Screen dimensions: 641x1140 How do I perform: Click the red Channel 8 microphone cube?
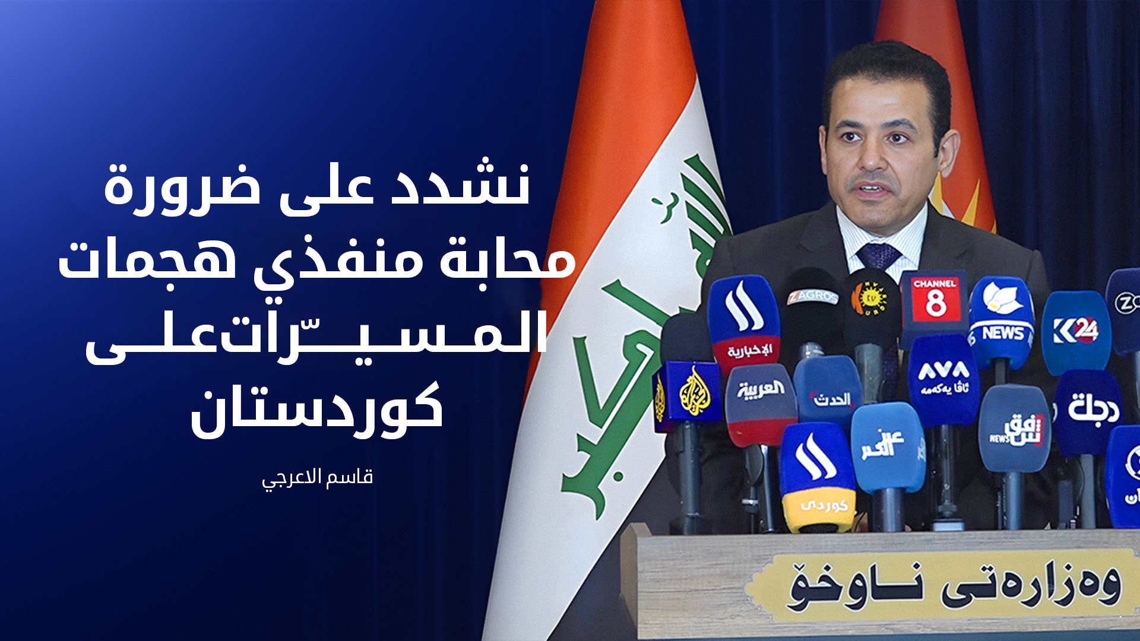click(934, 303)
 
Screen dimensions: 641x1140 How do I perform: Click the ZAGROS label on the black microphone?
click(812, 296)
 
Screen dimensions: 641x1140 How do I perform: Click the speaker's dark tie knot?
click(879, 255)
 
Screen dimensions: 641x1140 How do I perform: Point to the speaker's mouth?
click(873, 189)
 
